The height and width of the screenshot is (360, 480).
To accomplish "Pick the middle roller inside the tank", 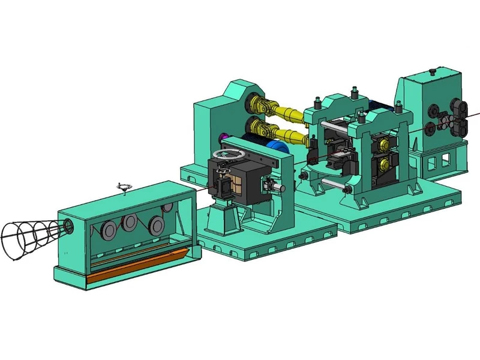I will click(x=129, y=223).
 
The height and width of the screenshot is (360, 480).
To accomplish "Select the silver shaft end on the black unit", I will click(x=280, y=188).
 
